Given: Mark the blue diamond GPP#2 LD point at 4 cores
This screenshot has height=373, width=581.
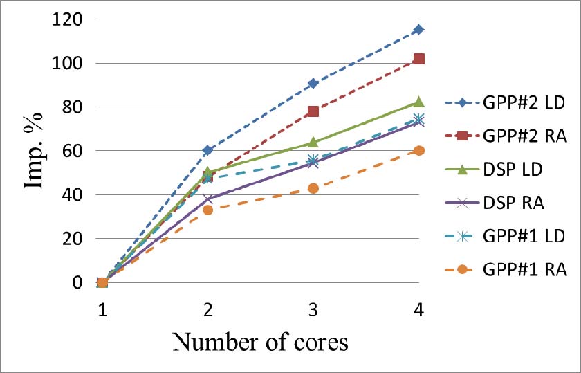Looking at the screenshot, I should pyautogui.click(x=418, y=30).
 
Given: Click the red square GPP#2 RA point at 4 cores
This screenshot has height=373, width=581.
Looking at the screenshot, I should pyautogui.click(x=418, y=59).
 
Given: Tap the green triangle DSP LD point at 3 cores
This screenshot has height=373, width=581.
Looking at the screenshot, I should pyautogui.click(x=313, y=142).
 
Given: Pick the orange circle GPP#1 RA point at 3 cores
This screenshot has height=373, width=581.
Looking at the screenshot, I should pyautogui.click(x=313, y=188).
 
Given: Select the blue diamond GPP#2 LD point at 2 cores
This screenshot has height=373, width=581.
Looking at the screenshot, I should pyautogui.click(x=207, y=150).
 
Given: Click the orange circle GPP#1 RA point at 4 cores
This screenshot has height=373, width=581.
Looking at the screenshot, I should pyautogui.click(x=418, y=151).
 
